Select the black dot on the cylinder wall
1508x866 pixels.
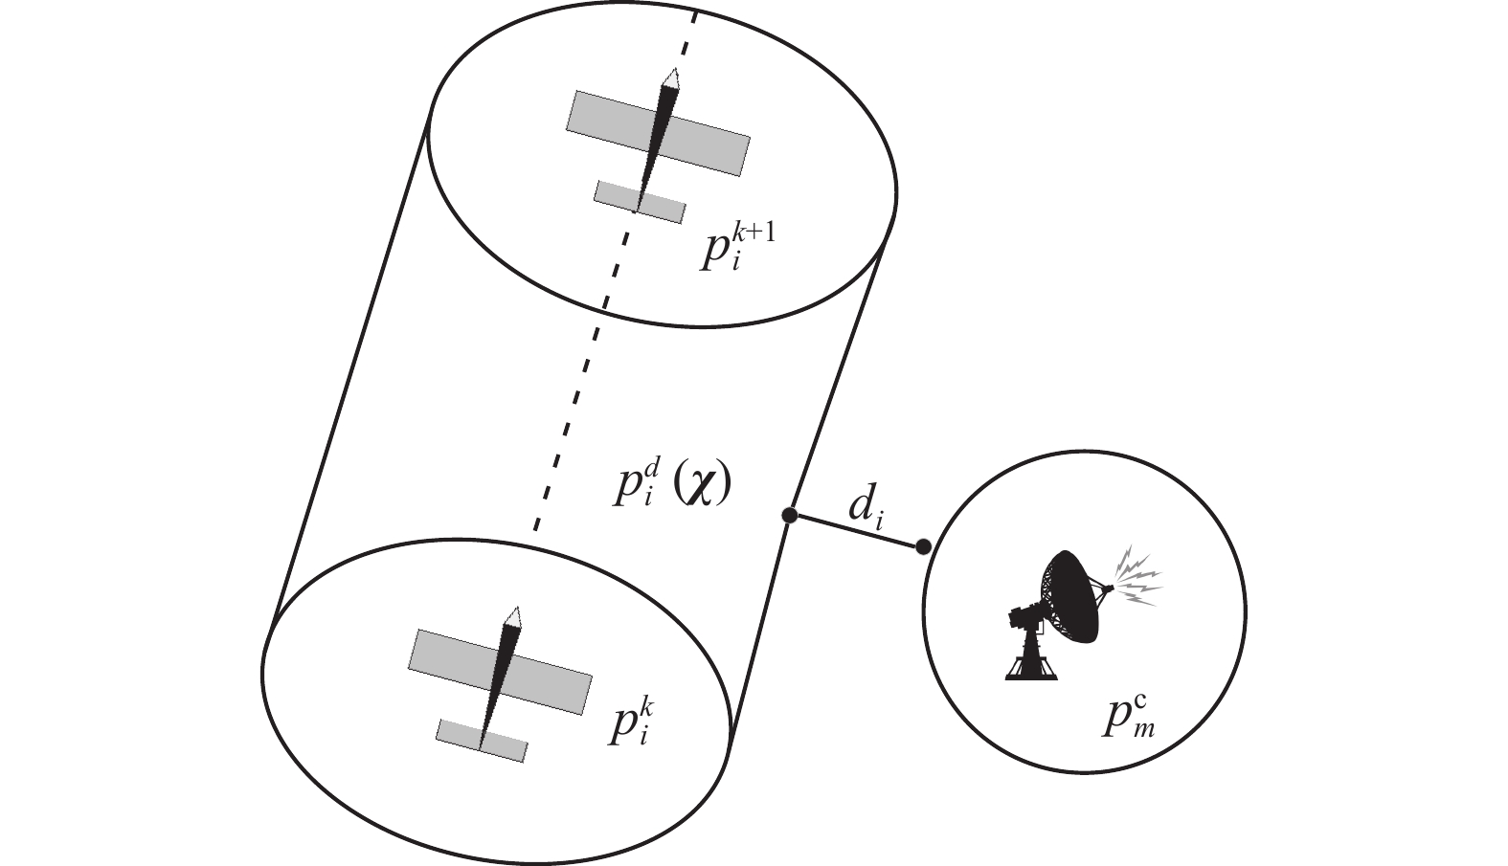790,516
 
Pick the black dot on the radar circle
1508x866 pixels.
923,547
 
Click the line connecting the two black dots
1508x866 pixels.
856,532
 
